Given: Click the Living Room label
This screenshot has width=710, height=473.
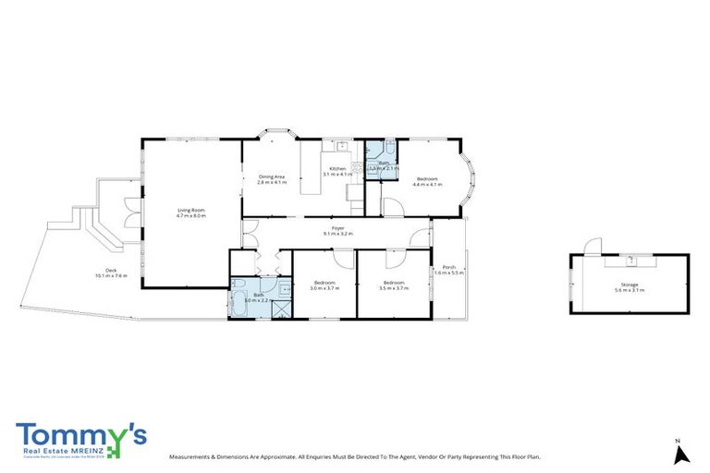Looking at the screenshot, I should [x=190, y=211].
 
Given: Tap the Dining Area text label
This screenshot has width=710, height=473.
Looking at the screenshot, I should [x=271, y=176].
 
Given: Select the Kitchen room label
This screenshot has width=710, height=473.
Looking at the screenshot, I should [x=337, y=168].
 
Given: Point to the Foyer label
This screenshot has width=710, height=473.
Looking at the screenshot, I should [x=338, y=228].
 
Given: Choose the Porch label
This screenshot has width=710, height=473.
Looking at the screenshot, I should [x=448, y=269].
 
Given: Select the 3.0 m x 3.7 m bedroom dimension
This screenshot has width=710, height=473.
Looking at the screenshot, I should [x=324, y=288].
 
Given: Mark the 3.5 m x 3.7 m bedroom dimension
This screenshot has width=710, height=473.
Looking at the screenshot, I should [x=393, y=288].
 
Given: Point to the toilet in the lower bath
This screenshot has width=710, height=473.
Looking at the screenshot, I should [x=238, y=282].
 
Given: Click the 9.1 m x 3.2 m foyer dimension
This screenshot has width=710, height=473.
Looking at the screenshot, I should [x=338, y=235].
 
